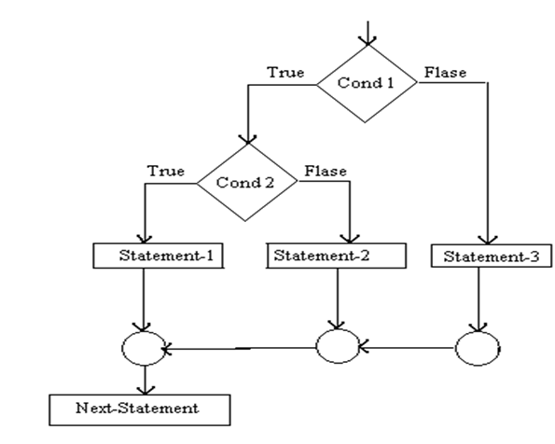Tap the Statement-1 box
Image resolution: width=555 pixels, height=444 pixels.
(x=159, y=255)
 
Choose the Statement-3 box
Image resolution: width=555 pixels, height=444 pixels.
(x=479, y=255)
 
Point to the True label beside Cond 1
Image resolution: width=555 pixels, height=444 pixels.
(x=285, y=72)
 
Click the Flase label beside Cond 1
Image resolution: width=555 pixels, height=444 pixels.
(x=446, y=72)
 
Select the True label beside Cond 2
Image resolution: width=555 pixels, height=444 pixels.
(x=166, y=172)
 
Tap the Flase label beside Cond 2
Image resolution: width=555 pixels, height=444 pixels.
(x=326, y=172)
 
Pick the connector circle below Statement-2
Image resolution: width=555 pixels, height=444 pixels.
(x=336, y=349)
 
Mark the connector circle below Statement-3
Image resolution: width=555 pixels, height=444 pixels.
(x=478, y=349)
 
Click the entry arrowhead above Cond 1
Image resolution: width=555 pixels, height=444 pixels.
(x=368, y=39)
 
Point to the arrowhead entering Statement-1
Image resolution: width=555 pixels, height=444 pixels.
(x=143, y=238)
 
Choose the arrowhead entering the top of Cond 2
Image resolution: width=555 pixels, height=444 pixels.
(x=247, y=136)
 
